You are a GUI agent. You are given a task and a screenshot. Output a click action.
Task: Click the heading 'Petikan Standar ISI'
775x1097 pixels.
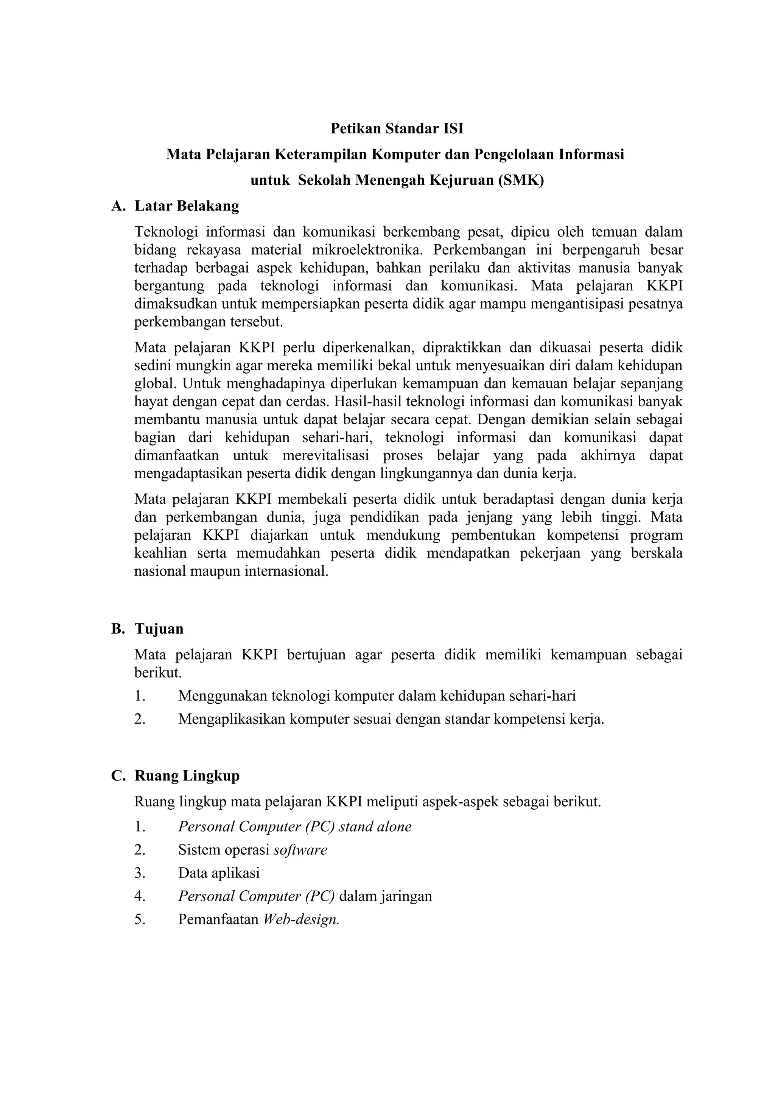coord(397,129)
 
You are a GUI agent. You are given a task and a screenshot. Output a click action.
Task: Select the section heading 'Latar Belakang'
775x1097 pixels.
coord(187,206)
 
